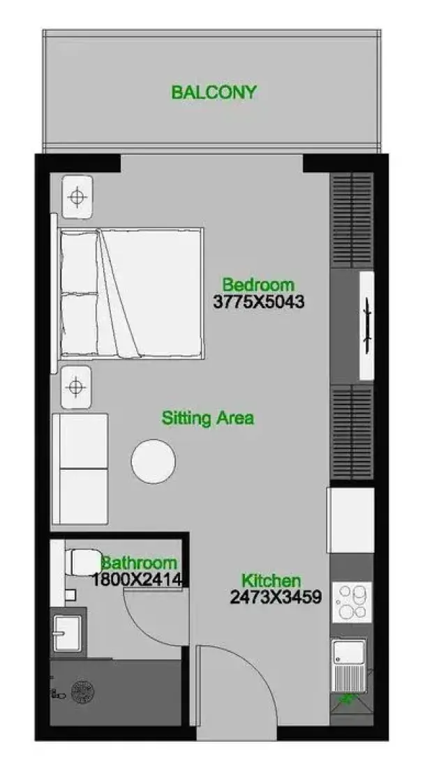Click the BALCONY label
pyautogui.click(x=214, y=92)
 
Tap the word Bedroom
pyautogui.click(x=258, y=284)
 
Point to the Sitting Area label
pyautogui.click(x=208, y=418)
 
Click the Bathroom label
pyautogui.click(x=139, y=563)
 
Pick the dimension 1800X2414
pyautogui.click(x=137, y=580)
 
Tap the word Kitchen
pyautogui.click(x=271, y=581)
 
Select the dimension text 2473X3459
pyautogui.click(x=276, y=597)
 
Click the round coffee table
pyautogui.click(x=154, y=462)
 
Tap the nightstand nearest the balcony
pyautogui.click(x=77, y=197)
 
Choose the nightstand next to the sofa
pyautogui.click(x=75, y=387)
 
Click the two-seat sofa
pyautogui.click(x=80, y=469)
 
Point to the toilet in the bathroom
pyautogui.click(x=83, y=563)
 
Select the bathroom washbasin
pyautogui.click(x=68, y=633)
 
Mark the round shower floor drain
pyautogui.click(x=82, y=691)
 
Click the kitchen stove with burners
pyautogui.click(x=352, y=602)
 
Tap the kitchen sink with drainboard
pyautogui.click(x=349, y=665)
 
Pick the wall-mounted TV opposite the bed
pyautogui.click(x=366, y=326)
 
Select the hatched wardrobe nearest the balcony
pyautogui.click(x=352, y=220)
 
